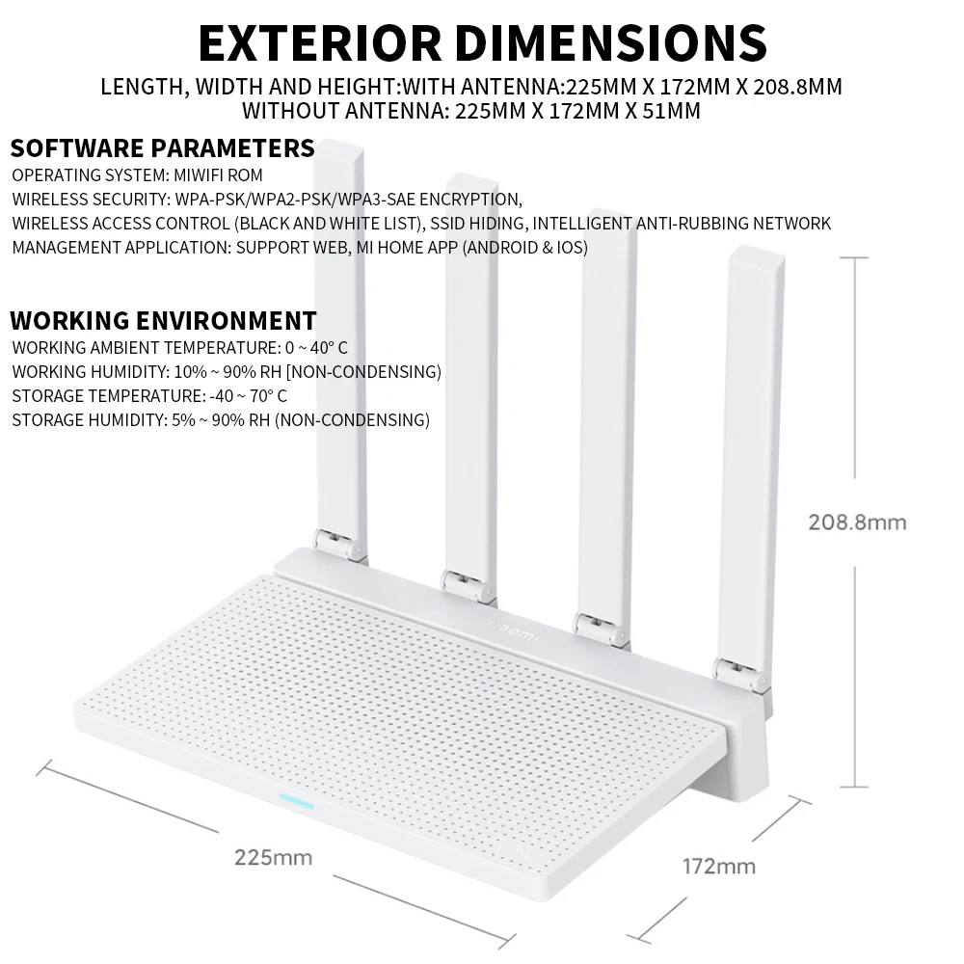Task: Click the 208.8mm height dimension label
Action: click(857, 522)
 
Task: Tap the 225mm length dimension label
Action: click(273, 856)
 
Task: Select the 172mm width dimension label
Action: click(718, 865)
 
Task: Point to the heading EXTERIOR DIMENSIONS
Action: click(482, 41)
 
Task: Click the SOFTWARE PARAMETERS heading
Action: click(162, 148)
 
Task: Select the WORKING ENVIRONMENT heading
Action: click(163, 321)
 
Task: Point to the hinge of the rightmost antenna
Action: click(742, 676)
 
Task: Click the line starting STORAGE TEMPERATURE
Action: click(149, 395)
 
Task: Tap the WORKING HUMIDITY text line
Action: click(227, 371)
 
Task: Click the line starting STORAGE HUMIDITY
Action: click(221, 419)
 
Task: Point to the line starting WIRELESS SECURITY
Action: click(267, 200)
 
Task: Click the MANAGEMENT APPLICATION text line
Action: click(299, 247)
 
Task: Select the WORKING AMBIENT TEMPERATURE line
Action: click(179, 347)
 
